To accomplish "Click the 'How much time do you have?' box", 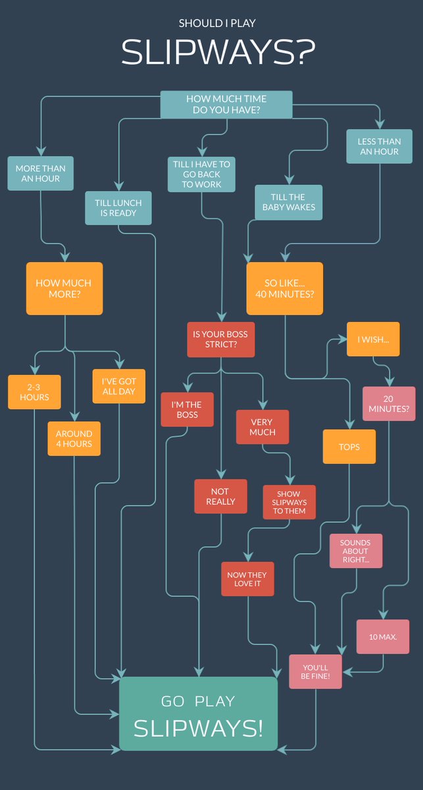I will tap(226, 105).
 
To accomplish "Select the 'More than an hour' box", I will tap(41, 173).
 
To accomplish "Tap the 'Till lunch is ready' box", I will tap(118, 208).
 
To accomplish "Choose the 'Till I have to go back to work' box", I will tap(201, 174).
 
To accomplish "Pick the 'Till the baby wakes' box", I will tap(289, 201).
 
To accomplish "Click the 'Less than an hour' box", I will tap(378, 146).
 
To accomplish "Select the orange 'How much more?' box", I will tap(64, 288).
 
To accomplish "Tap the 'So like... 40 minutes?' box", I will tap(284, 288).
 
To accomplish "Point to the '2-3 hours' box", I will tap(34, 392).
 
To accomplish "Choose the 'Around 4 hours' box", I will tap(74, 438).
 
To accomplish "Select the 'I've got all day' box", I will tap(118, 386).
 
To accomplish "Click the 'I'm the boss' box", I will tap(187, 409).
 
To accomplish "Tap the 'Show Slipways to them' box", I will tap(289, 502).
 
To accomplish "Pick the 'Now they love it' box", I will tap(247, 579).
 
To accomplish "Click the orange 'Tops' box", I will tap(349, 446).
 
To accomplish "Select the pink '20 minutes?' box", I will tap(389, 404).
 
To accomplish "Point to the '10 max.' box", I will tap(383, 637).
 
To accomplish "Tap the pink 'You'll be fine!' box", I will tap(316, 671).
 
